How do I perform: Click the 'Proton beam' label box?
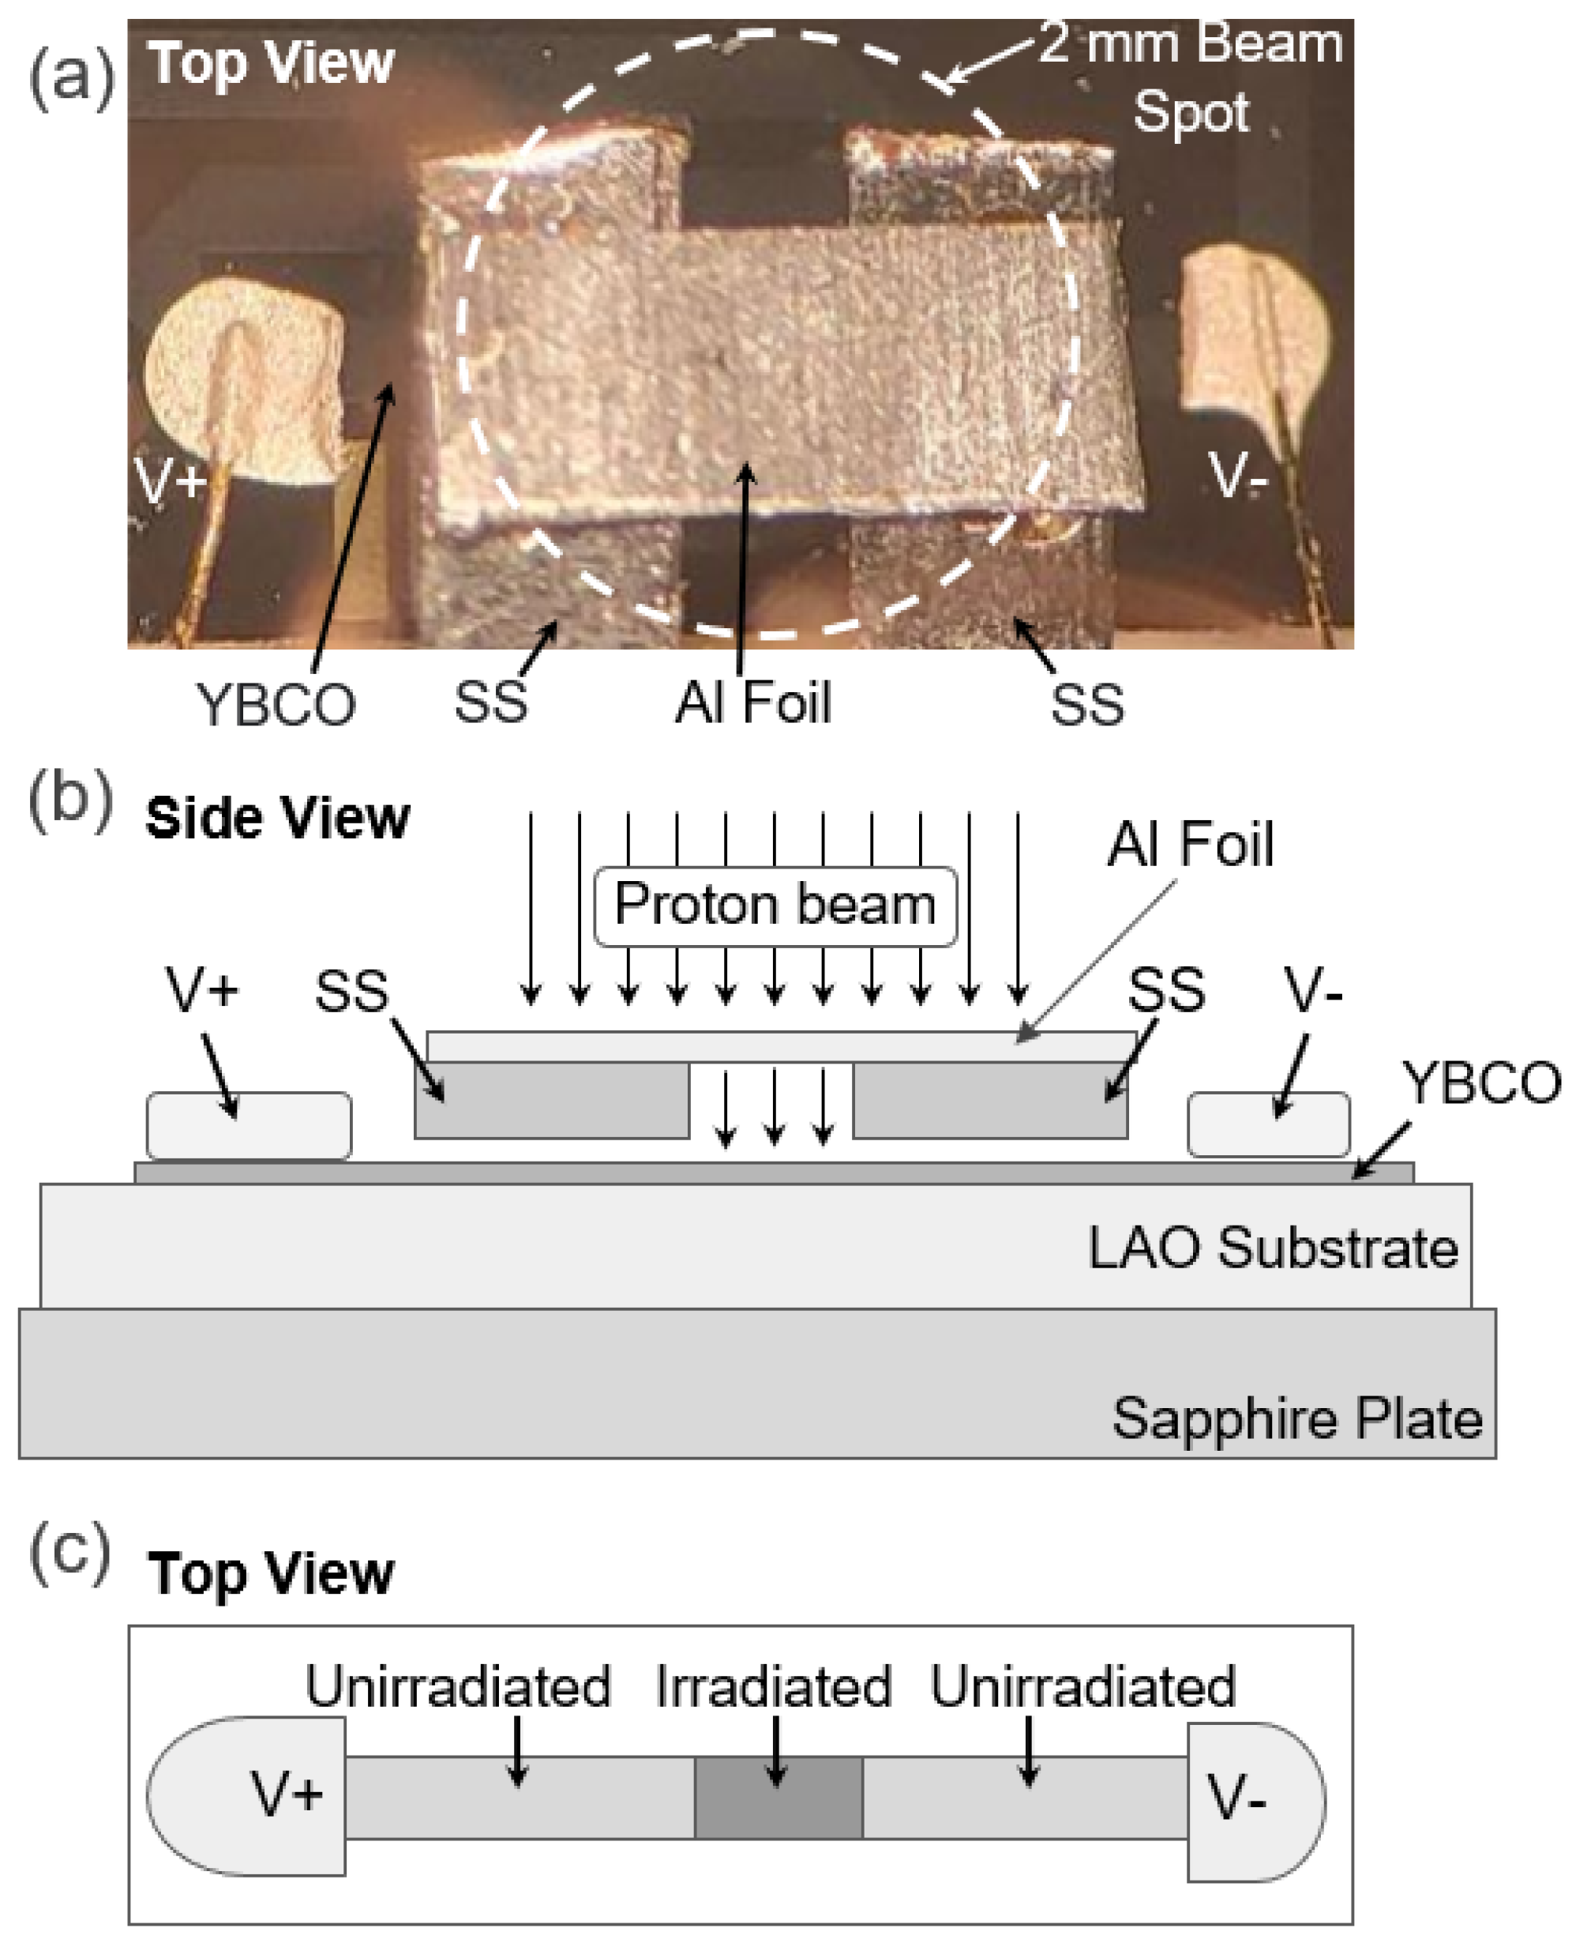(x=775, y=906)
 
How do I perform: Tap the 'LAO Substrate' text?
(x=1272, y=1248)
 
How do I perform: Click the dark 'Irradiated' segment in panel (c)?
(x=778, y=1798)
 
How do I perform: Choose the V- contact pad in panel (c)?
(x=1254, y=1798)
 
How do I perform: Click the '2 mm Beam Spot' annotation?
(x=1190, y=77)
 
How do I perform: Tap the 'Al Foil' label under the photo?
(x=752, y=703)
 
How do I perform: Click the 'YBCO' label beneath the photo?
(x=276, y=705)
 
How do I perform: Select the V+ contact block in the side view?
(x=249, y=1125)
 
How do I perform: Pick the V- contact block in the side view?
(x=1268, y=1124)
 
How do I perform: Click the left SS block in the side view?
(x=551, y=1100)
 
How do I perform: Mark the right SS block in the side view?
(x=990, y=1100)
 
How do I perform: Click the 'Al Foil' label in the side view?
(x=1190, y=845)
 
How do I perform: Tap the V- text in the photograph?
(x=1237, y=475)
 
